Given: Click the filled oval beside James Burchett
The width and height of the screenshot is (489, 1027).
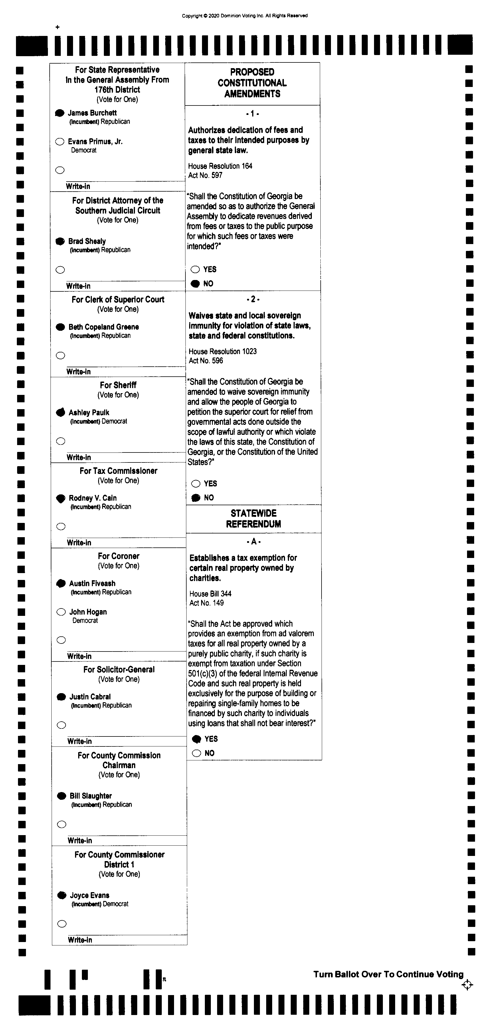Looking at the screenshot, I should [x=59, y=113].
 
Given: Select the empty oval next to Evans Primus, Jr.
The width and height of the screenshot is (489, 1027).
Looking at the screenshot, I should [x=60, y=141].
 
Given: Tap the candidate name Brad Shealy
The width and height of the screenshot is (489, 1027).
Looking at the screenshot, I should [x=87, y=241].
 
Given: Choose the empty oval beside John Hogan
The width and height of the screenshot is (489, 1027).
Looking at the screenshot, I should [x=61, y=612].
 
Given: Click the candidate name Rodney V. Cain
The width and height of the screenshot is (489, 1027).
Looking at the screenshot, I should [x=92, y=498].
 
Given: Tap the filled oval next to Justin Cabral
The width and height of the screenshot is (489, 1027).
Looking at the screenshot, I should [x=61, y=697].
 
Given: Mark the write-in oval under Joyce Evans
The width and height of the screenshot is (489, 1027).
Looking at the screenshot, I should [x=62, y=924].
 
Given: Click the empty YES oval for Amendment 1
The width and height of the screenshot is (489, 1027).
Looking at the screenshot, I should [x=195, y=269].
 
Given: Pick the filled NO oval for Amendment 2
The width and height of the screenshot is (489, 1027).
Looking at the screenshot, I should [x=196, y=498].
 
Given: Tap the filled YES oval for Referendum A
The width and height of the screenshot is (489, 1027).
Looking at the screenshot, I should [x=196, y=739].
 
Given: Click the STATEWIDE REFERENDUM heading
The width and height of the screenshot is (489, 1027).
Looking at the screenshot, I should [x=253, y=519].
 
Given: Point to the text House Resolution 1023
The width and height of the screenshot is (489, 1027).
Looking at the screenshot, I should [x=223, y=351].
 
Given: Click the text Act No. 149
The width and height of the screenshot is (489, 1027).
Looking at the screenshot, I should [x=207, y=603].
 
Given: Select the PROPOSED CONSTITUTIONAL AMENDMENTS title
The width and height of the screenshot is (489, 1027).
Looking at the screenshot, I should [x=252, y=83].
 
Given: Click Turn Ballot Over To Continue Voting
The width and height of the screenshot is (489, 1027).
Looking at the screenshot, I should [x=389, y=974].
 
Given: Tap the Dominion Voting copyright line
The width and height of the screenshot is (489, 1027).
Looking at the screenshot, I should [x=244, y=16].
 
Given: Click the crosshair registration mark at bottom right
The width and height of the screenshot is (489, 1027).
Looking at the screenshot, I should [x=467, y=985].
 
